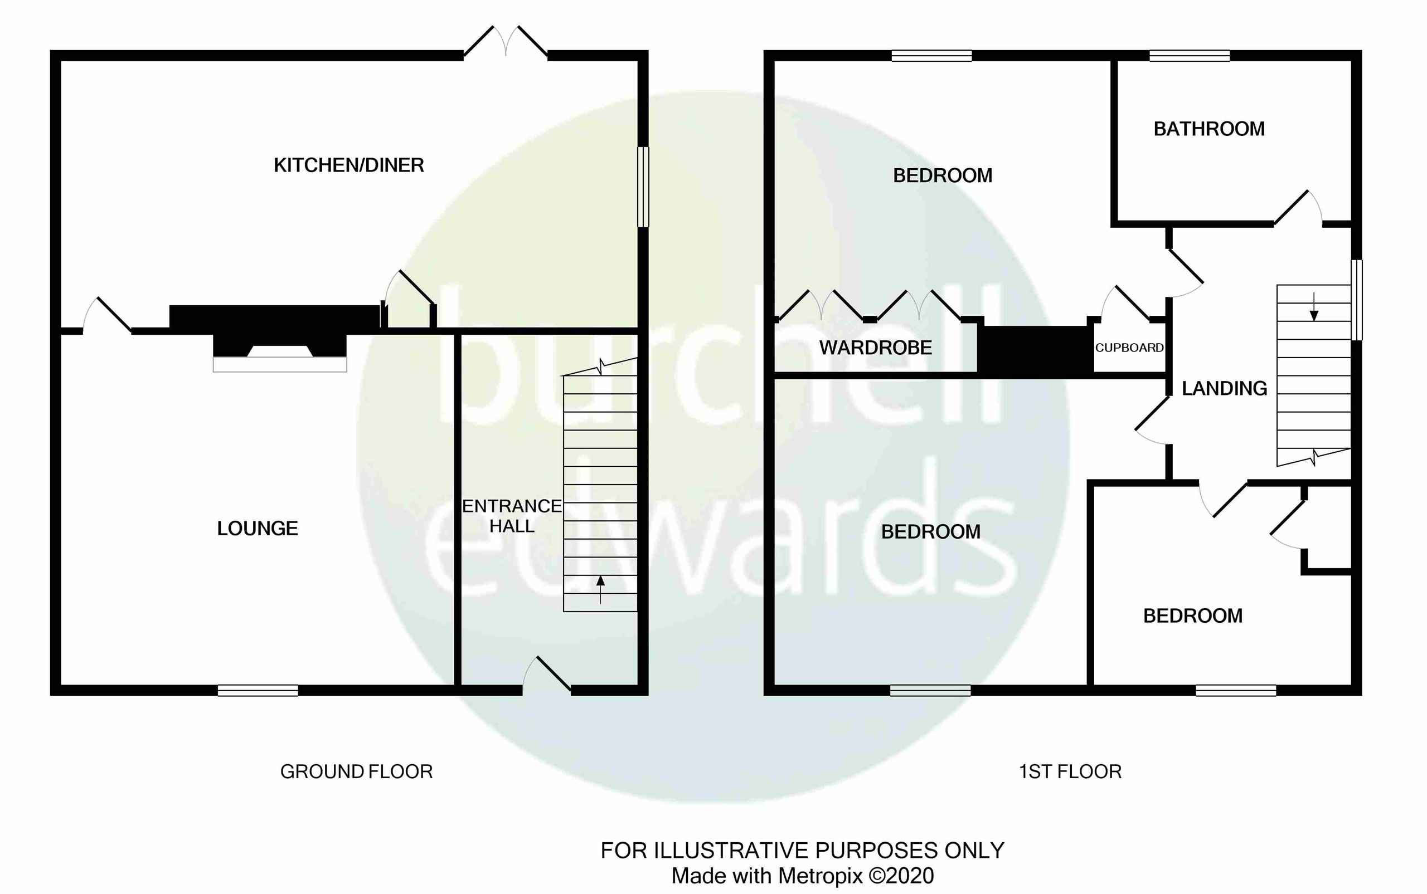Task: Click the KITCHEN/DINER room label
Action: (348, 165)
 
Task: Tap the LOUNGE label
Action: (258, 528)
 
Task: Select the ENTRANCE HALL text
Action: (512, 516)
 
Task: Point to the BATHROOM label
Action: (1208, 129)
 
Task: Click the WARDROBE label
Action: (875, 348)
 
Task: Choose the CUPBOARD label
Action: (1129, 348)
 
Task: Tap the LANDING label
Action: (1224, 388)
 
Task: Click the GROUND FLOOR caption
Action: (356, 771)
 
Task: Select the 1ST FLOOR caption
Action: (1070, 771)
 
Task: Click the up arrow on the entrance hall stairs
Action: (600, 589)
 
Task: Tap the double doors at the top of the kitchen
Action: (506, 41)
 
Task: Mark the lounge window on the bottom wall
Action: (258, 690)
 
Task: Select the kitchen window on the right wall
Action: (643, 187)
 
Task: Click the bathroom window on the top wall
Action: (1189, 56)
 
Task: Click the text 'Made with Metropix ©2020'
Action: (802, 876)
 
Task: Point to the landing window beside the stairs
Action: (1357, 300)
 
